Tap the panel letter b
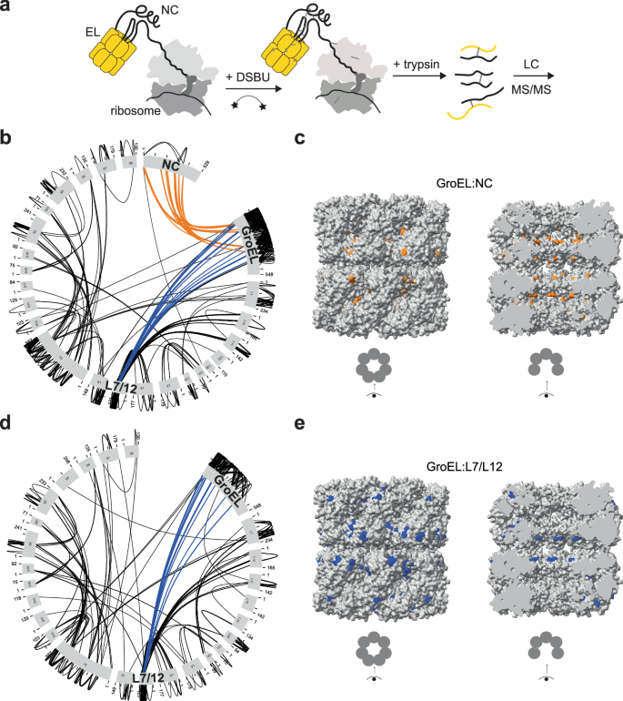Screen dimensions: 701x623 point(7,138)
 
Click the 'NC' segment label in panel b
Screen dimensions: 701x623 point(171,165)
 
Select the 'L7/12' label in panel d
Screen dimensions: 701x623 point(145,679)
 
